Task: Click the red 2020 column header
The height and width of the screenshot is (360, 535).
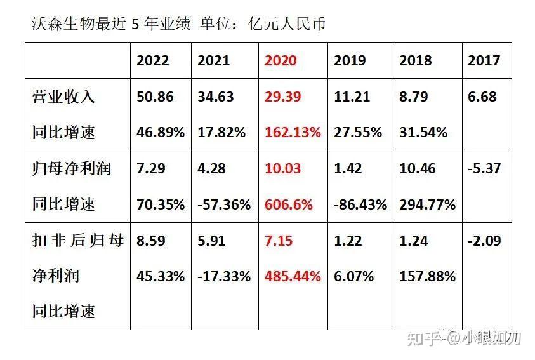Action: click(281, 60)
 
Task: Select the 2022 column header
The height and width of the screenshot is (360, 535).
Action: click(153, 60)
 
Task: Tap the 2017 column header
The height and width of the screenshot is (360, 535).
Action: click(484, 60)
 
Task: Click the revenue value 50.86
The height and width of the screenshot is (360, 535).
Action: click(154, 97)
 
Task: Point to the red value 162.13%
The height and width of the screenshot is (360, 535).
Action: click(293, 133)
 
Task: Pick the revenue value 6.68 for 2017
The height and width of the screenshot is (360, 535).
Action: click(482, 97)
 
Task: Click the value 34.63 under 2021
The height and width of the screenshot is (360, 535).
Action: click(216, 97)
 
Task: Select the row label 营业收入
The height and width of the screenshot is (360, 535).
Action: click(63, 97)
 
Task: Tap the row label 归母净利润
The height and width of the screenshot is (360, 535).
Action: click(72, 169)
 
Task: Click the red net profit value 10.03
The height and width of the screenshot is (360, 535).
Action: click(281, 169)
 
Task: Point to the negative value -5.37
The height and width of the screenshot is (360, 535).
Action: click(485, 169)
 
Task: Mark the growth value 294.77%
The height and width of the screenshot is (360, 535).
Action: click(427, 204)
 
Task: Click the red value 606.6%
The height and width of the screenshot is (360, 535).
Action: click(289, 204)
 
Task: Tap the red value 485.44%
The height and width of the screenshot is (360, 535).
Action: click(293, 277)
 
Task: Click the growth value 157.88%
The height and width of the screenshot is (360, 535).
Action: click(427, 277)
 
